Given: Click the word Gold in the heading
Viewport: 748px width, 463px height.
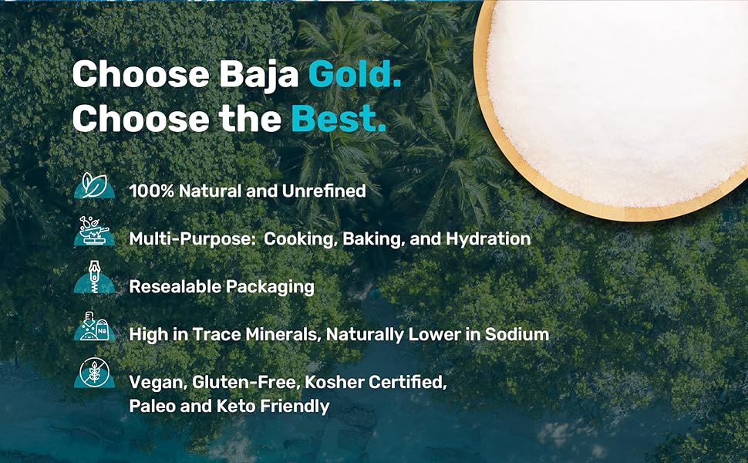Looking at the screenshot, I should tap(354, 75).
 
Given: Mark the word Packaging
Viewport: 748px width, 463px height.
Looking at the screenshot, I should tap(270, 287).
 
